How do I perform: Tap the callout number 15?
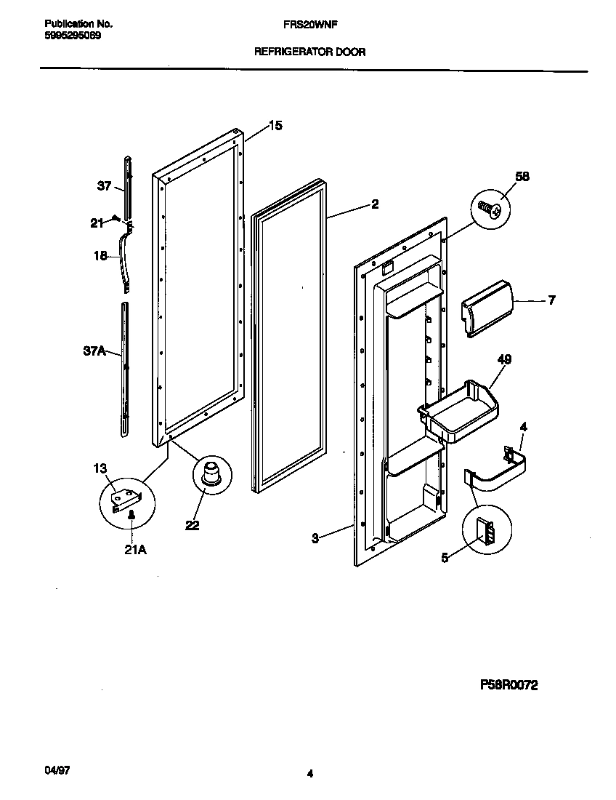(275, 125)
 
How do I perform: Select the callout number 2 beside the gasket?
(374, 204)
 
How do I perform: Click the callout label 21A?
(135, 550)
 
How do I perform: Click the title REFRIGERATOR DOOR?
(309, 52)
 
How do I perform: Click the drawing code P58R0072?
(508, 685)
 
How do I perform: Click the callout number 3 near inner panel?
(315, 538)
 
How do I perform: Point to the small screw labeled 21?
(115, 218)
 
